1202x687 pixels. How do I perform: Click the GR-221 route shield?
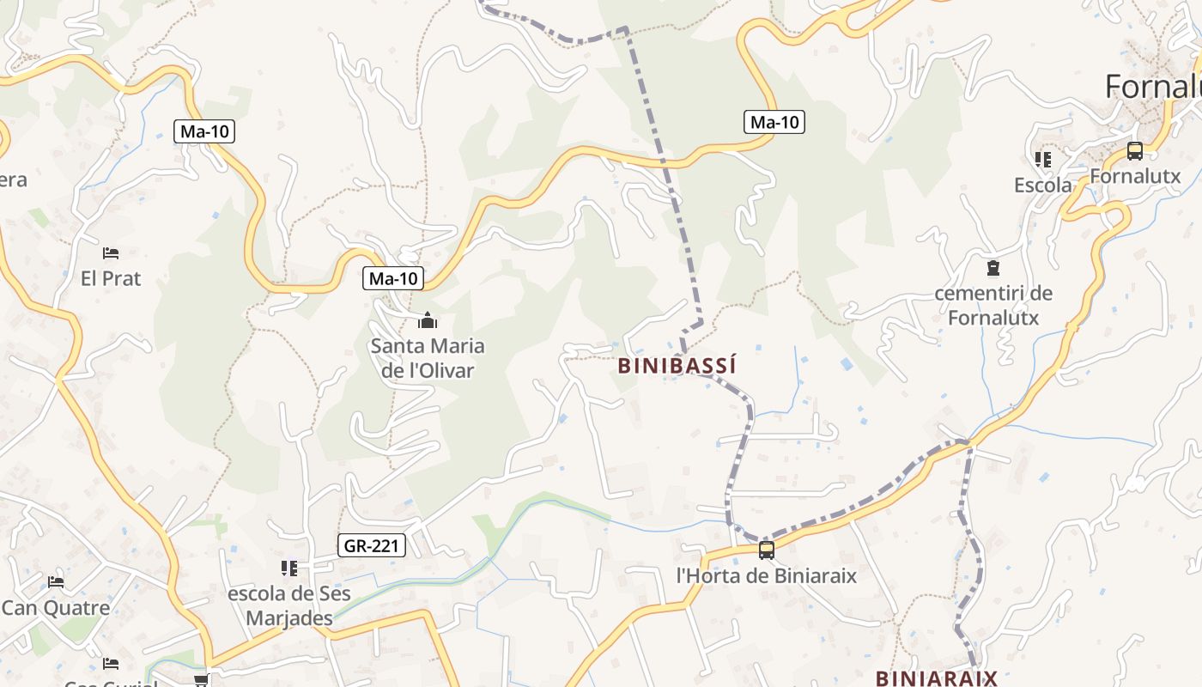(371, 545)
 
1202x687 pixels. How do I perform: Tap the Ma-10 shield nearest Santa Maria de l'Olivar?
(394, 278)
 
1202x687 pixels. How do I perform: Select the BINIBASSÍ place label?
(677, 366)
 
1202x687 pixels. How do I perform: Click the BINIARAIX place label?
(937, 678)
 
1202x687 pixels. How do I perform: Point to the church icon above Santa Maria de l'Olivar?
(427, 321)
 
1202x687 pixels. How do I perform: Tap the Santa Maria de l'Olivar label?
(428, 358)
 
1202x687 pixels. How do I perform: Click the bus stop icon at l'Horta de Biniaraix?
(767, 550)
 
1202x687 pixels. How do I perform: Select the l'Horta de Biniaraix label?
(767, 575)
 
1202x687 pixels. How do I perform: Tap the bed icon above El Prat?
(111, 252)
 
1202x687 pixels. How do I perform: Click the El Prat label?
(111, 278)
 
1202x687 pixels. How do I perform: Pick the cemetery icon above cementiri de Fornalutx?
(993, 268)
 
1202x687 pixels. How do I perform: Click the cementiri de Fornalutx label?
(993, 305)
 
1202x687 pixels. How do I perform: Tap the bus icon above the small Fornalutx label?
(1135, 151)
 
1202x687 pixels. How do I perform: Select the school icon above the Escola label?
(1043, 159)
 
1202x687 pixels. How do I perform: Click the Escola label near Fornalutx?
(1043, 185)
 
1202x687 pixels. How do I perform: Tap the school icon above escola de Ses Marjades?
(289, 568)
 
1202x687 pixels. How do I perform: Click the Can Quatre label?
(56, 608)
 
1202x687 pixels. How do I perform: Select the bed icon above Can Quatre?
(56, 581)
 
